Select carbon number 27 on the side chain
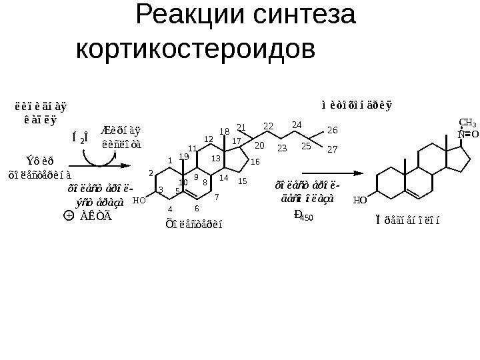click(x=333, y=151)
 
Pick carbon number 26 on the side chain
click(x=333, y=129)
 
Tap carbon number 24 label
click(x=297, y=124)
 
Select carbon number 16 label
click(x=255, y=161)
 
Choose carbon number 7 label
click(x=217, y=197)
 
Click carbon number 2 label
click(x=151, y=173)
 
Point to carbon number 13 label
click(x=215, y=158)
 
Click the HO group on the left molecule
click(x=139, y=199)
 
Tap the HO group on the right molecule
click(x=360, y=199)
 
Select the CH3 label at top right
click(x=468, y=123)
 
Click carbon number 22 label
click(x=269, y=125)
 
